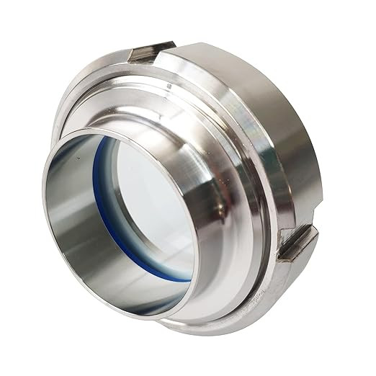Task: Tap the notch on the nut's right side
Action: click(x=297, y=243)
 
